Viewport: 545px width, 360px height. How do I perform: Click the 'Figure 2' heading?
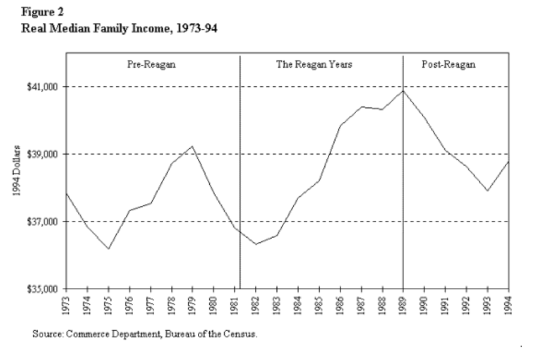pos(43,12)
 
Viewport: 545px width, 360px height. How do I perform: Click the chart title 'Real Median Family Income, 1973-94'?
pos(119,28)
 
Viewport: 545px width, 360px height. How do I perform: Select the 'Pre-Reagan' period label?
pos(151,65)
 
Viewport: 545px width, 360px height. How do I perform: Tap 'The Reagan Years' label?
pos(314,64)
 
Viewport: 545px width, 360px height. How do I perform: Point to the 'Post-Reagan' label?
pos(448,64)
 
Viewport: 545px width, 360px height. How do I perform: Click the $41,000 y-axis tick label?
pos(42,86)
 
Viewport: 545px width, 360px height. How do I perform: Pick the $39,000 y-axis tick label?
pos(42,154)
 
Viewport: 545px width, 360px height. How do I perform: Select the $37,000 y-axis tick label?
pos(42,221)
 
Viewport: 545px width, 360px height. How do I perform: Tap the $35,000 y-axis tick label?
pos(42,289)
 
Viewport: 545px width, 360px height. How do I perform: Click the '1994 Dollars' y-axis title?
pos(16,170)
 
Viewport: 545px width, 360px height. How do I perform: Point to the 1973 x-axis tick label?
pos(66,305)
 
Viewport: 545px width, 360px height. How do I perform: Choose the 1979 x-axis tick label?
pos(192,305)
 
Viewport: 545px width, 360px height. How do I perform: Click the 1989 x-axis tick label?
pos(403,305)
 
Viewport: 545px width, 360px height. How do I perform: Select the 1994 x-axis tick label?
pos(508,305)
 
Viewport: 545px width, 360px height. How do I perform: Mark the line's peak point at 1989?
pos(403,91)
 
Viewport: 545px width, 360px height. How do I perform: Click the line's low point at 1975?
pos(109,248)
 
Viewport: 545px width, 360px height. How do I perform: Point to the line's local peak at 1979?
pos(192,146)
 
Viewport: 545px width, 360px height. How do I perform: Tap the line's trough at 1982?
pos(256,244)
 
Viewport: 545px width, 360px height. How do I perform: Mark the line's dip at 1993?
pos(487,191)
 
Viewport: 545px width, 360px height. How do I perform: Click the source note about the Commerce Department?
pos(145,334)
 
